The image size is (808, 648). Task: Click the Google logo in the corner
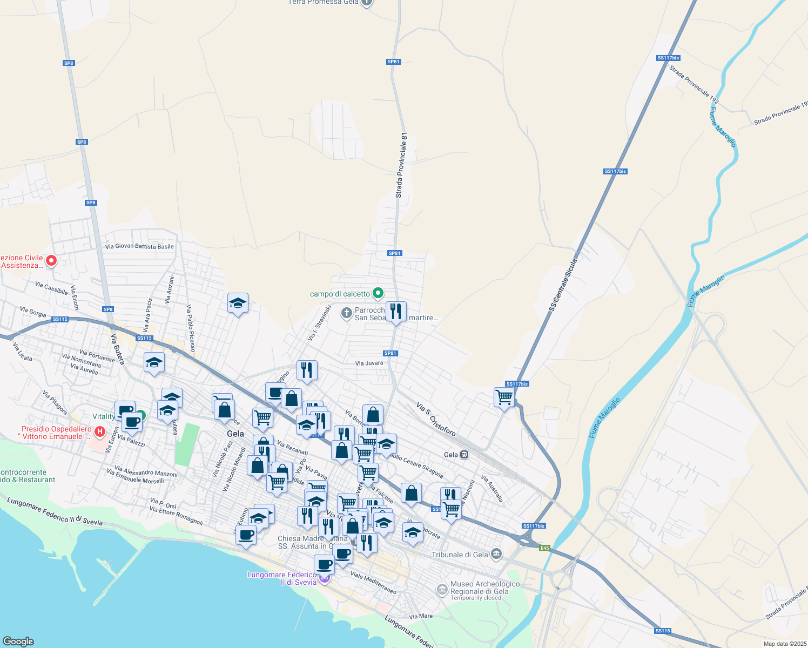tap(18, 641)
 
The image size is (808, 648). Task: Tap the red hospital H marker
tap(99, 431)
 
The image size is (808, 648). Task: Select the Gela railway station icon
tap(464, 455)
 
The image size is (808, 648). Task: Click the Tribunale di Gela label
tap(460, 555)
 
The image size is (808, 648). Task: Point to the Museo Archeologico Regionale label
tap(484, 588)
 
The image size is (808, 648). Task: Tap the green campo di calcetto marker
tap(378, 293)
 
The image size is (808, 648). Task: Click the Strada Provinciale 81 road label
tap(401, 165)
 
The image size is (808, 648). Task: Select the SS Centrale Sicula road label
tap(563, 285)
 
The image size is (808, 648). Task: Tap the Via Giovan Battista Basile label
tap(139, 246)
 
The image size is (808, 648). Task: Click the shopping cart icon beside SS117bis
tap(504, 397)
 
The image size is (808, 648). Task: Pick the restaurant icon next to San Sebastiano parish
tap(396, 311)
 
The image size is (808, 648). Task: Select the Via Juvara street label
tap(369, 363)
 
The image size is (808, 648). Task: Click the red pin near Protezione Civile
tap(51, 261)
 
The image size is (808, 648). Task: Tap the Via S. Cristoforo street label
tap(436, 419)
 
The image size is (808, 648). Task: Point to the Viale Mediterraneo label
tap(373, 582)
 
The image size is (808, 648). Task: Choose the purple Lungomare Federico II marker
tap(324, 579)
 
